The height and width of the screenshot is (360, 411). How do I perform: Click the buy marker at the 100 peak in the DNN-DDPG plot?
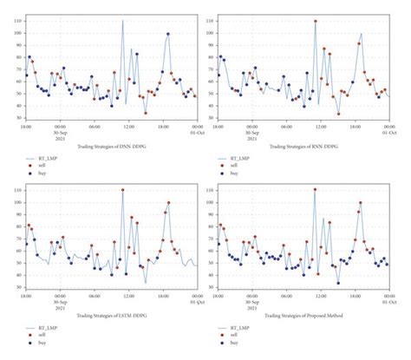point(167,35)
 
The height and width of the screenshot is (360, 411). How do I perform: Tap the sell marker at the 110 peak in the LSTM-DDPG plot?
point(122,190)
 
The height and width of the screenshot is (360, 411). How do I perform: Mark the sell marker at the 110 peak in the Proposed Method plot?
point(315,190)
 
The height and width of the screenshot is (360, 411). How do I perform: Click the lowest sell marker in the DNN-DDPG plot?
point(145,113)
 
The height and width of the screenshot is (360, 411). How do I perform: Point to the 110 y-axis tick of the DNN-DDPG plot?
point(18,20)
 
